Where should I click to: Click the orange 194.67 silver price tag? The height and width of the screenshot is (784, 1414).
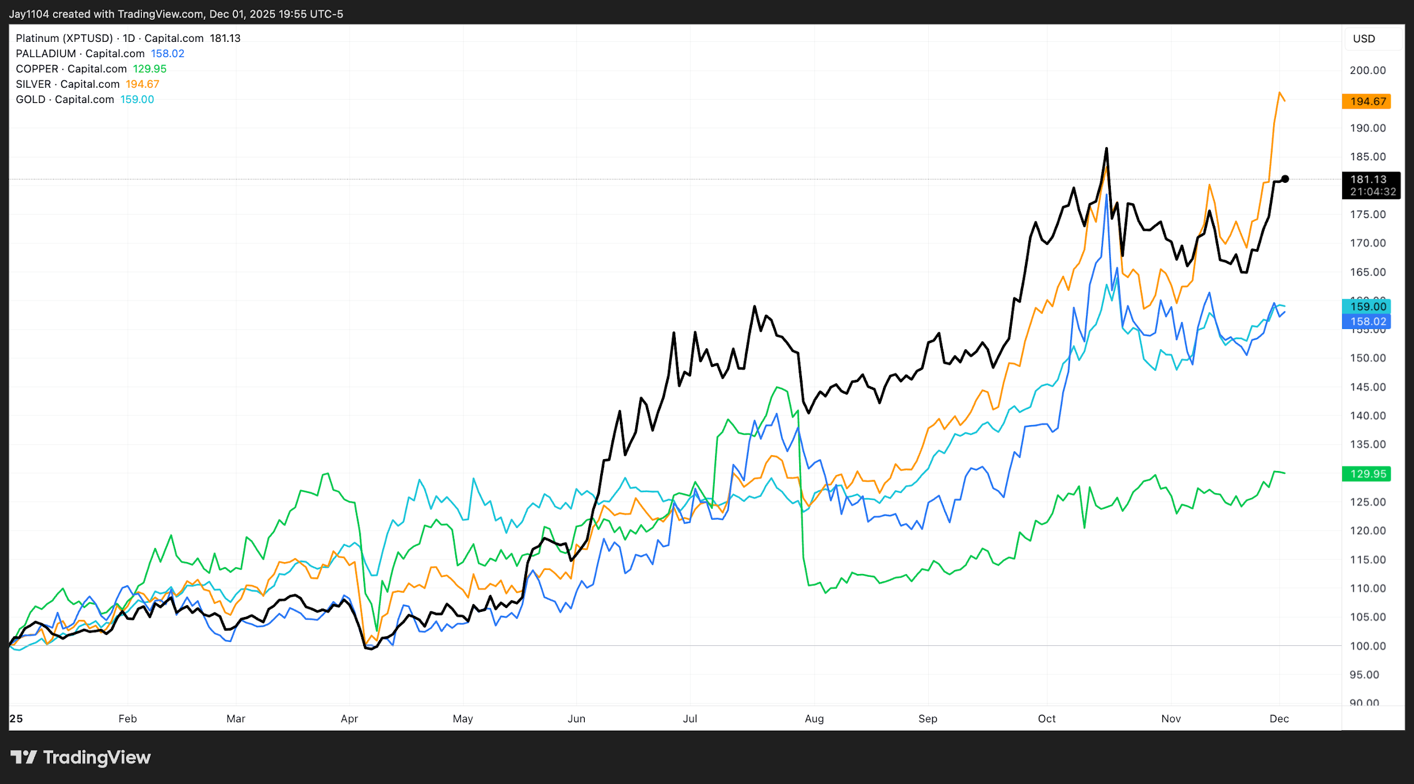pos(1367,101)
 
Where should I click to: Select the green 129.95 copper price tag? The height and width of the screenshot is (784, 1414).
pos(1367,474)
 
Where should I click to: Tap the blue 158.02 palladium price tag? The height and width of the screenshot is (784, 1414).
pos(1367,322)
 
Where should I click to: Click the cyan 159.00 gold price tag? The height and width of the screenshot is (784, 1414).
pos(1367,306)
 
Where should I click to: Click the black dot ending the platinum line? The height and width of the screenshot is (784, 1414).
pos(1285,179)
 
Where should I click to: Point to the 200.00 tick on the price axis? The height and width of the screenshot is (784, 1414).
pos(1368,70)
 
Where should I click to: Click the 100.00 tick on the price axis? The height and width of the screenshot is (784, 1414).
pos(1368,646)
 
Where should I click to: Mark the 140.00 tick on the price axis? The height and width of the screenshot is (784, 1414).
pos(1368,415)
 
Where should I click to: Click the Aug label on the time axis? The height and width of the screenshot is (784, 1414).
pos(814,719)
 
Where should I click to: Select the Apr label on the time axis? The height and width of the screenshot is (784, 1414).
pos(349,719)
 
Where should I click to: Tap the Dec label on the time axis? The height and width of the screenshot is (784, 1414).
pos(1279,719)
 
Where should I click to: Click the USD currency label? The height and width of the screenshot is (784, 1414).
pos(1364,38)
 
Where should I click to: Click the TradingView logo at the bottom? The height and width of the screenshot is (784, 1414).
pos(81,757)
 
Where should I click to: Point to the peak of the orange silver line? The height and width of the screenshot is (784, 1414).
pos(1279,92)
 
